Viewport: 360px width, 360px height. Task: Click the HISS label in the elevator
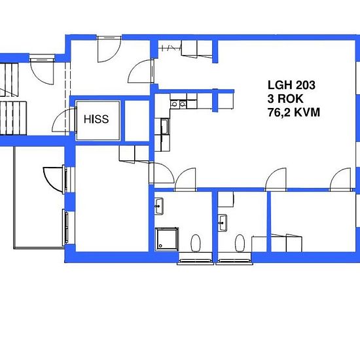coord(96,120)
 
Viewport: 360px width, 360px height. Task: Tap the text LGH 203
coord(291,85)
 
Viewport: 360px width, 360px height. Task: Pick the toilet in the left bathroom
coord(195,243)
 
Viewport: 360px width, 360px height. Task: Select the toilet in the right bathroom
coord(240,243)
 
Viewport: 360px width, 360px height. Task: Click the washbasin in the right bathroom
coord(223,221)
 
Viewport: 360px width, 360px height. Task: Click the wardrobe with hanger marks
coord(170,48)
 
